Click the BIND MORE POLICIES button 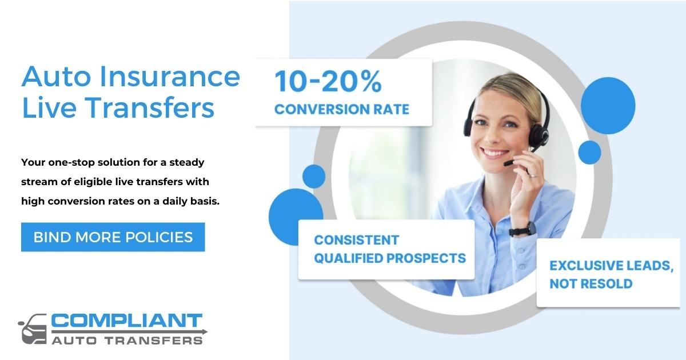click(113, 237)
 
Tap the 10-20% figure click(328, 82)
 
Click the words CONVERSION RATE click(341, 109)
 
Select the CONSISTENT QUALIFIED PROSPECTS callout click(386, 249)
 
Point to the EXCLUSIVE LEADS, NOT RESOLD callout click(607, 274)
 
